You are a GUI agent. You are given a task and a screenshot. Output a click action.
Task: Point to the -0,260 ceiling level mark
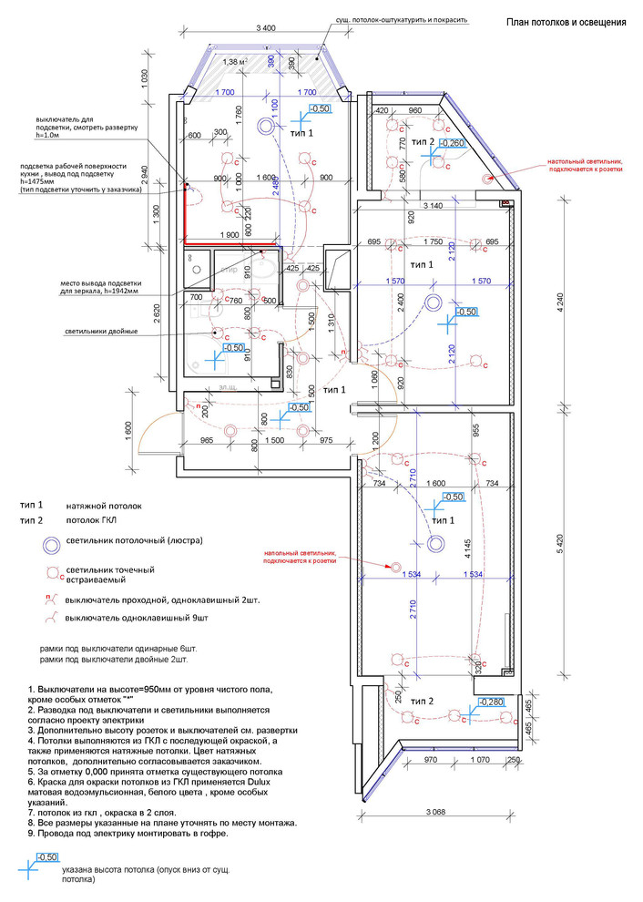coord(453,143)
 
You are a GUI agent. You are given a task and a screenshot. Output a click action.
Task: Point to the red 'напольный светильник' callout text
coord(300,557)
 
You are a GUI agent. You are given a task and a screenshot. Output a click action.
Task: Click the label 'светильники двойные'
coord(100,331)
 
